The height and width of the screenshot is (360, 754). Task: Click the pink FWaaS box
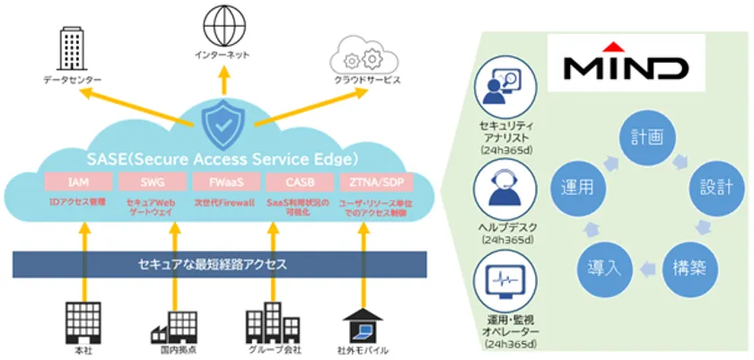(x=220, y=182)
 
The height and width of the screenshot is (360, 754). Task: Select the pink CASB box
(x=290, y=182)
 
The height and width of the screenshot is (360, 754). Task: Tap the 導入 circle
(x=601, y=268)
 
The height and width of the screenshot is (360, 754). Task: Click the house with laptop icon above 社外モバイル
(x=362, y=320)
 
